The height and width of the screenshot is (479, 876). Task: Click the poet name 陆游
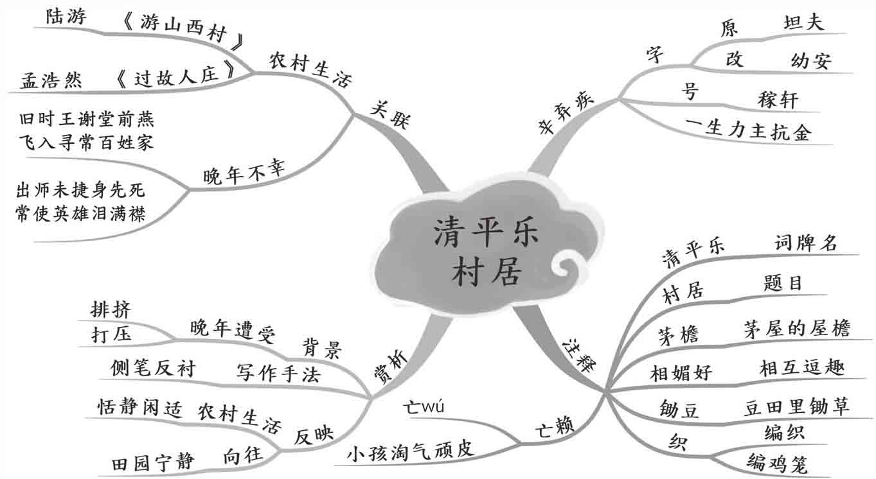point(66,17)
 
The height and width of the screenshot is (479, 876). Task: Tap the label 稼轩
point(777,100)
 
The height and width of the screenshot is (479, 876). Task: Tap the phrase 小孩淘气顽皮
point(411,449)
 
